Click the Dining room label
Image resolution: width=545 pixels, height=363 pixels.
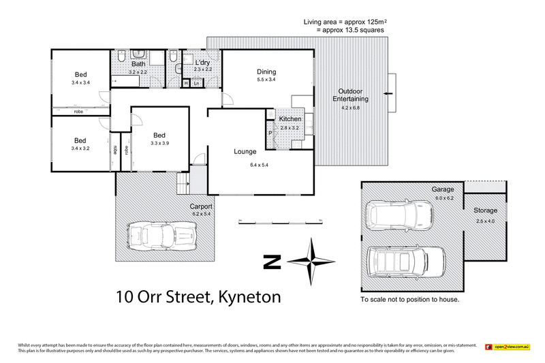266,71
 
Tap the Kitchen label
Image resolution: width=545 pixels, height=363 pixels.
290,119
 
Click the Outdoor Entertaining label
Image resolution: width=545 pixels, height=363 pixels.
351,95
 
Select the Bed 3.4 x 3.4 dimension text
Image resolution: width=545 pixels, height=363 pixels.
80,82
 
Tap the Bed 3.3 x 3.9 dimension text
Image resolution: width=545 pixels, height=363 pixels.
160,144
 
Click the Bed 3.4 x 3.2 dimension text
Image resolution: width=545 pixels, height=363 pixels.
80,148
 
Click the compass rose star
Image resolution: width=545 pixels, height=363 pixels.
311,262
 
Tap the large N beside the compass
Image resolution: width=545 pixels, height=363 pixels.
272,262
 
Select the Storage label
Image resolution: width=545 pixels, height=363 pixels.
486,211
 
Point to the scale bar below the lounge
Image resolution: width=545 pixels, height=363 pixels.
279,221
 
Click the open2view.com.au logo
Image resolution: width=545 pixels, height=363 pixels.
507,347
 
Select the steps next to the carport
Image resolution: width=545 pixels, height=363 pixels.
183,183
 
